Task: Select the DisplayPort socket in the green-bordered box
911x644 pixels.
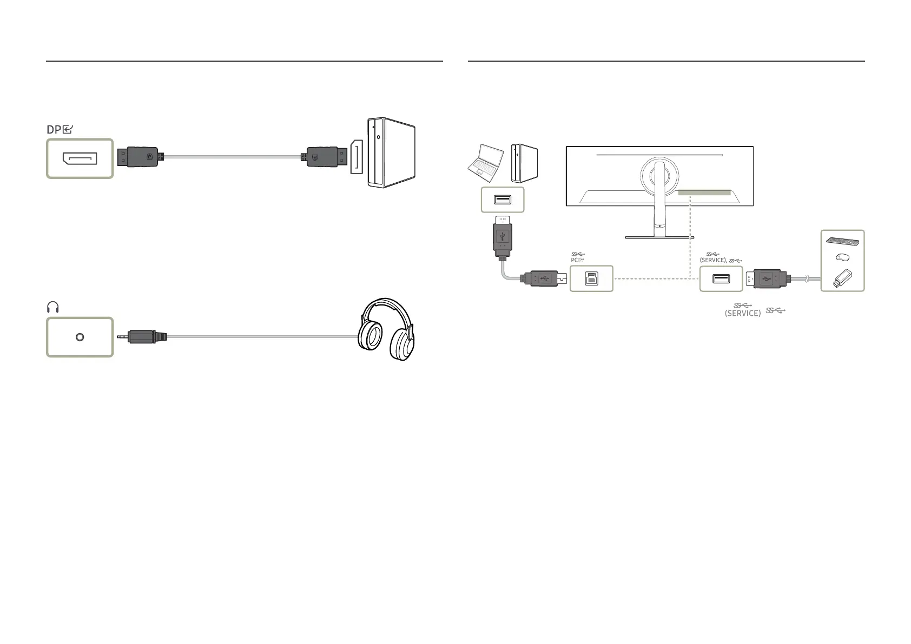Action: pos(80,158)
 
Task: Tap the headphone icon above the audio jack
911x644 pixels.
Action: pos(52,308)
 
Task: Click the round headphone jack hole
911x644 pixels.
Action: pos(80,337)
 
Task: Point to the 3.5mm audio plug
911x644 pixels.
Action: pos(144,336)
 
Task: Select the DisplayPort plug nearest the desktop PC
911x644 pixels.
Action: pos(323,158)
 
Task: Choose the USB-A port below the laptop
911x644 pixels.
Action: pos(503,200)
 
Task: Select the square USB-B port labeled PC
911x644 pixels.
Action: pos(591,279)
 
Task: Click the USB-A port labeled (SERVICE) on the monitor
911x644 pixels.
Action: pos(721,279)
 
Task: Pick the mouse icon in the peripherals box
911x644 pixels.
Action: pos(841,257)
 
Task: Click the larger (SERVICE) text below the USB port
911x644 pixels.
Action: pos(742,313)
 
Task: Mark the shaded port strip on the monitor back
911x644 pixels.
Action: pos(703,192)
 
